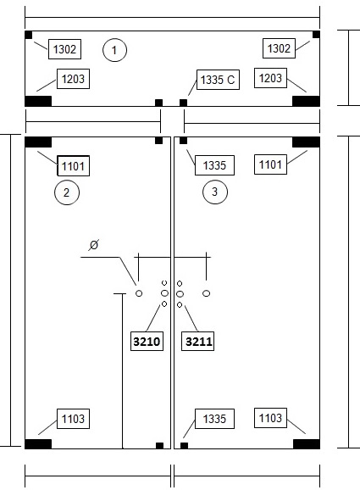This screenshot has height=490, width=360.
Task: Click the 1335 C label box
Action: click(x=218, y=80)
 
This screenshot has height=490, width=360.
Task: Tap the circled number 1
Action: click(x=114, y=50)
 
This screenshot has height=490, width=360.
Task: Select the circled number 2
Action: click(x=67, y=192)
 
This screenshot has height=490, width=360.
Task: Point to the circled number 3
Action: click(x=215, y=192)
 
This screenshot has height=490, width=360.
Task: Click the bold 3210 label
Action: click(x=147, y=342)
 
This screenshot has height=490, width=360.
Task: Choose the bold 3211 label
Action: click(x=198, y=342)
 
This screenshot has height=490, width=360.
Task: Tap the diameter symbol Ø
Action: click(x=94, y=245)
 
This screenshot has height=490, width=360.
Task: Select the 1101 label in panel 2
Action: click(x=74, y=165)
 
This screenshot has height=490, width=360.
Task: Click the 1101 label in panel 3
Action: click(x=270, y=164)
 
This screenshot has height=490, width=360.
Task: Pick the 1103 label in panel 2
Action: click(x=73, y=419)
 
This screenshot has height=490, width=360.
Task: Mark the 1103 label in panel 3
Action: click(x=270, y=418)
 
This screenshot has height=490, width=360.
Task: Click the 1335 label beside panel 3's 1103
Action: click(x=214, y=419)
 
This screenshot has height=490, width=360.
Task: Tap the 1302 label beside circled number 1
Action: click(x=64, y=49)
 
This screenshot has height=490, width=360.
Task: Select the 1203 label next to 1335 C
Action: click(x=270, y=78)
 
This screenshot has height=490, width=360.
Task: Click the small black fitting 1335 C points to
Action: click(x=183, y=103)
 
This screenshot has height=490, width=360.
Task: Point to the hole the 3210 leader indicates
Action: click(x=164, y=303)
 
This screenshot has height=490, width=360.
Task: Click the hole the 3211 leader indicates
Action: click(x=180, y=304)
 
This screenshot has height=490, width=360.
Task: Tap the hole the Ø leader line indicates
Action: click(x=139, y=293)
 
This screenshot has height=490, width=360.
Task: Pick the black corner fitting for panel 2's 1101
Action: click(x=38, y=142)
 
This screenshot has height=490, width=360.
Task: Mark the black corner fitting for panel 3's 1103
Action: click(x=307, y=443)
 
